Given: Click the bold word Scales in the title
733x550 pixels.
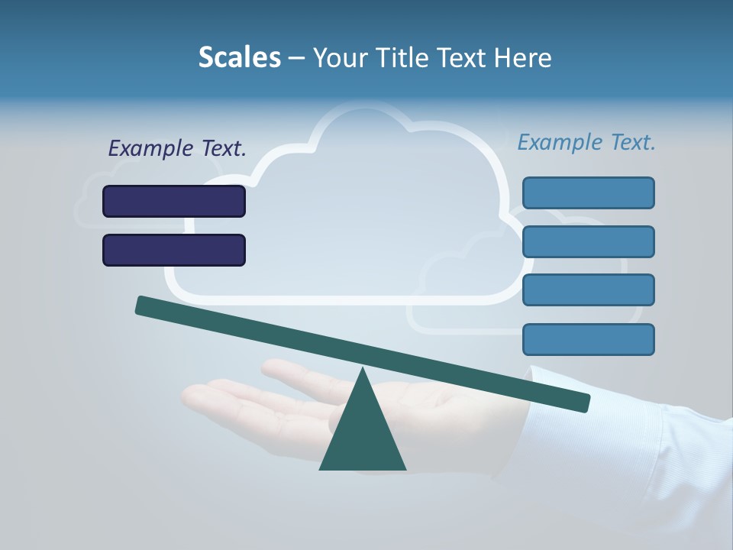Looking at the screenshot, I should click(x=239, y=57).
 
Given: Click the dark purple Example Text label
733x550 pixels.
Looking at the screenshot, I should click(x=177, y=149).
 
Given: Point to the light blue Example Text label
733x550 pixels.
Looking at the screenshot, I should click(x=586, y=142).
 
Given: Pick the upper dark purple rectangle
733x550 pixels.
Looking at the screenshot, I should click(x=174, y=201).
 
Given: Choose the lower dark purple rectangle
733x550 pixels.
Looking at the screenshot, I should click(x=174, y=250).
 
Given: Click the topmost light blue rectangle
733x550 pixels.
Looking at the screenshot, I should click(x=589, y=192).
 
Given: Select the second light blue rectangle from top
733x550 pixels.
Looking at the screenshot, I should click(x=589, y=241).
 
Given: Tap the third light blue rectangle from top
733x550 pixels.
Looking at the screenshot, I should click(x=589, y=290).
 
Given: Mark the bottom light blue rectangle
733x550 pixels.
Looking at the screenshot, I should click(x=589, y=339).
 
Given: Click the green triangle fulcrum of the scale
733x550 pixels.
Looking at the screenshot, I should click(x=363, y=435).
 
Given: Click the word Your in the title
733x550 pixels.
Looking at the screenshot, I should click(x=340, y=57).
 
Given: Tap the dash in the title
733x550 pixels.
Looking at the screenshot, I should click(x=297, y=58).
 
